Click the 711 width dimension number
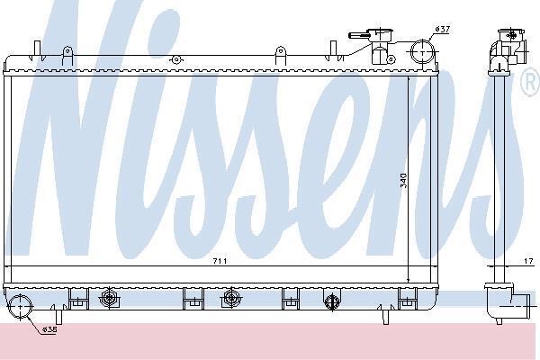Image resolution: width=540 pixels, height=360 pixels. (220, 261)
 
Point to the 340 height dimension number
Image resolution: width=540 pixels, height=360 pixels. (403, 181)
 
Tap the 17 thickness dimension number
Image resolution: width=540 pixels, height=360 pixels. (528, 262)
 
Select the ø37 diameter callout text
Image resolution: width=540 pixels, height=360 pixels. (442, 30)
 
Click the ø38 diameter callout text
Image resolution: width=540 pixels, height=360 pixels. (49, 329)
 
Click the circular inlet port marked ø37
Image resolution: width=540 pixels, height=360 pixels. (423, 51)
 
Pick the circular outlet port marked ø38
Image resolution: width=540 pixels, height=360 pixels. (21, 306)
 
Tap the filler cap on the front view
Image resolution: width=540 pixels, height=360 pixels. (380, 34)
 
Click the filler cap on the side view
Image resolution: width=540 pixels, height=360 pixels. (511, 34)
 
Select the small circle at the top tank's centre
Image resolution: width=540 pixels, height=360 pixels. (176, 59)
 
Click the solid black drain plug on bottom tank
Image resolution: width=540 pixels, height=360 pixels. (331, 301)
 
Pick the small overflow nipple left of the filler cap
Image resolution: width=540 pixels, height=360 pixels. (358, 35)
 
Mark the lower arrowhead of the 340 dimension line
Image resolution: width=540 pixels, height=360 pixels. (408, 279)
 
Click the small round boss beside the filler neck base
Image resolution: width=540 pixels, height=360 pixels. (391, 59)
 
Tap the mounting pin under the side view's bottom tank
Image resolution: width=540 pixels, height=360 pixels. (499, 321)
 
